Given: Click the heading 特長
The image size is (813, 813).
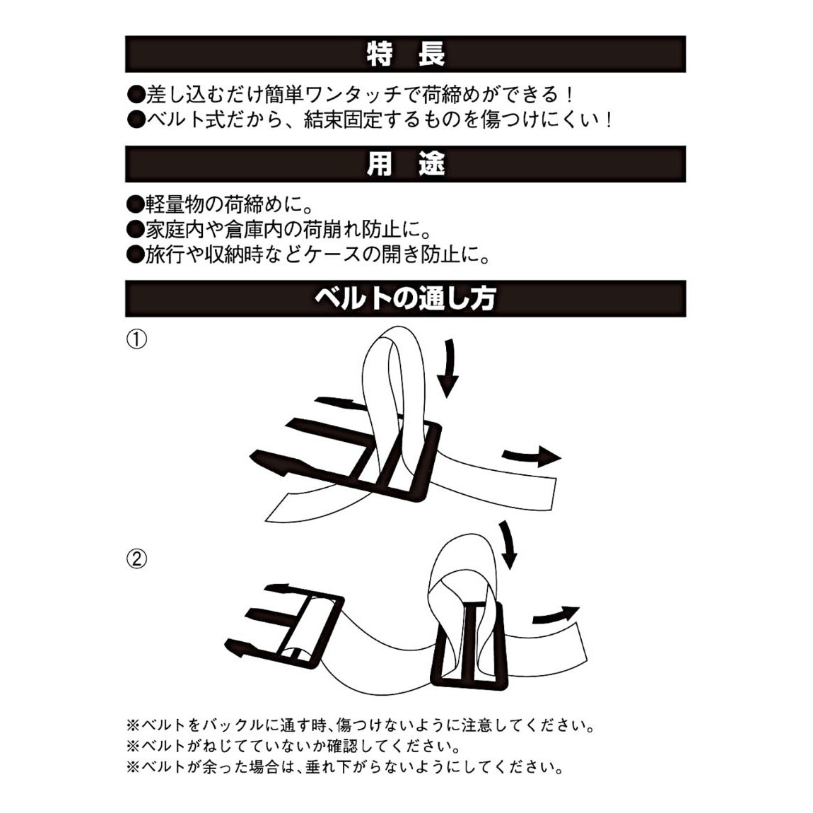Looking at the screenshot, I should pos(405,54).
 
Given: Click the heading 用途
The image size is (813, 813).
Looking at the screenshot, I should pos(405,164).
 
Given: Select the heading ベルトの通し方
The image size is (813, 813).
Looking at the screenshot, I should pos(405,298).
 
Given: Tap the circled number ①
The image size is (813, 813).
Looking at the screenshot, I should pos(136,340).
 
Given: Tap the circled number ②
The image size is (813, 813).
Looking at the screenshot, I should pos(136,559).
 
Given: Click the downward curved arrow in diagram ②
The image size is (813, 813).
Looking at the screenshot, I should pos(508,544).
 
